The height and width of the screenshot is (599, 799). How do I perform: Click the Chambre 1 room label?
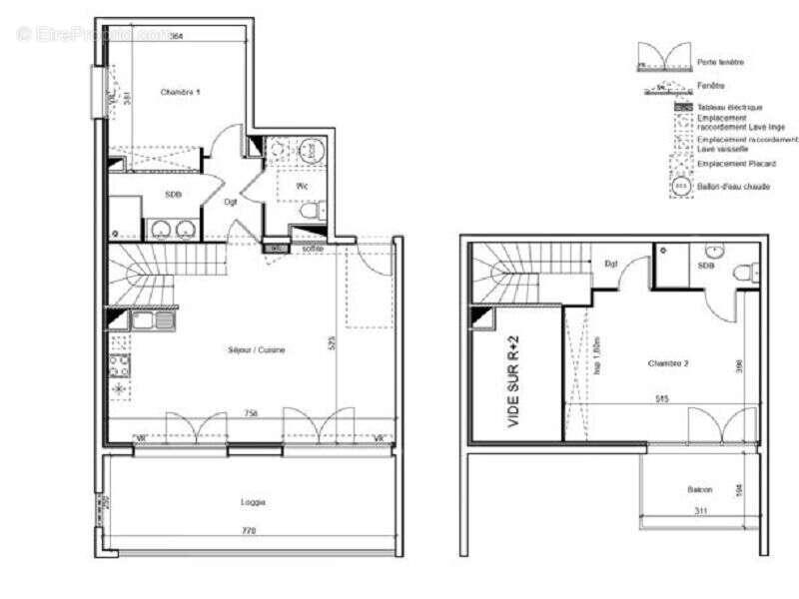(x=181, y=92)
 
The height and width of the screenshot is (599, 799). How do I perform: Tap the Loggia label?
(x=253, y=501)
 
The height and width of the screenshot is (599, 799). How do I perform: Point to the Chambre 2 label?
(x=667, y=362)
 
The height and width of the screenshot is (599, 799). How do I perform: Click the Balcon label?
(x=699, y=489)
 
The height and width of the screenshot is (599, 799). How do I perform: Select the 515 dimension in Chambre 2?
(x=662, y=398)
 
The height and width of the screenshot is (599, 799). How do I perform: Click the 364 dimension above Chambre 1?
(x=175, y=37)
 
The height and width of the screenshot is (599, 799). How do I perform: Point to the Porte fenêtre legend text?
(x=720, y=62)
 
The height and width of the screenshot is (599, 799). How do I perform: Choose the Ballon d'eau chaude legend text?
(x=733, y=186)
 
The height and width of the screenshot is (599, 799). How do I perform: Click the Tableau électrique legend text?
(x=730, y=107)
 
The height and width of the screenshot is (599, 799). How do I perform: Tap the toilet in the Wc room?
(x=311, y=213)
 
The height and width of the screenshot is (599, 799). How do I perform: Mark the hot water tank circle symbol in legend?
(x=681, y=186)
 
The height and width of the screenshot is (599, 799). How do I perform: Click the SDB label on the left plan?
(x=173, y=194)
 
